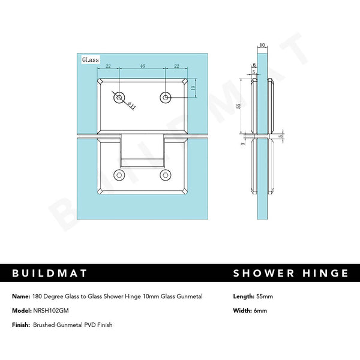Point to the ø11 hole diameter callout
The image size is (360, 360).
pyautogui.click(x=130, y=105)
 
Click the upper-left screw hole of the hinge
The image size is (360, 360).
pyautogui.click(x=120, y=97)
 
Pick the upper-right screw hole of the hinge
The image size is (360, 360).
pyautogui.click(x=165, y=97)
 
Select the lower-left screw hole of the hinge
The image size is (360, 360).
pyautogui.click(x=120, y=175)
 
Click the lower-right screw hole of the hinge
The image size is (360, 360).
pyautogui.click(x=165, y=175)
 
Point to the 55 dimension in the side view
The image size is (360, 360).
pyautogui.click(x=239, y=105)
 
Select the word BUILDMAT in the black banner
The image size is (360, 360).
pyautogui.click(x=50, y=274)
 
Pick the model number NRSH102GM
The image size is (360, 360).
pyautogui.click(x=52, y=310)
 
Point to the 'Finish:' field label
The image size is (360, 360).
pyautogui.click(x=22, y=325)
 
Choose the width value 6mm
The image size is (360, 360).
pyautogui.click(x=259, y=310)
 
